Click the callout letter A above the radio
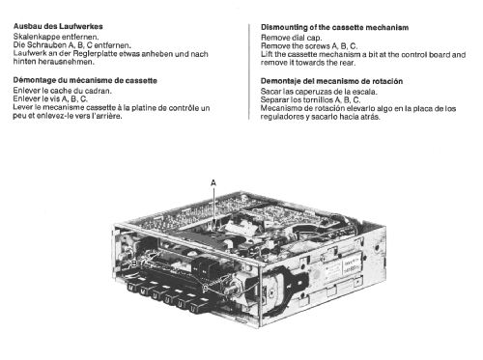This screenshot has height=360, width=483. [x=213, y=183]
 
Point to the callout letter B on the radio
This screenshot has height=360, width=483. [x=134, y=263]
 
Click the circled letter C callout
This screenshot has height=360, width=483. [x=205, y=288]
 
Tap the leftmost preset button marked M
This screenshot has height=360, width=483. [x=132, y=287]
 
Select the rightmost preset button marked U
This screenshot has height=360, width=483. [x=194, y=308]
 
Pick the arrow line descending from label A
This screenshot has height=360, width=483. [x=213, y=207]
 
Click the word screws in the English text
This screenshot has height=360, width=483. [x=317, y=46]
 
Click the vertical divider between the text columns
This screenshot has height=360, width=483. [x=248, y=71]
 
